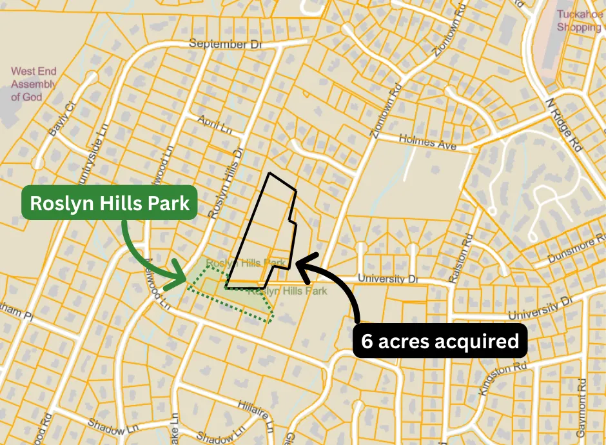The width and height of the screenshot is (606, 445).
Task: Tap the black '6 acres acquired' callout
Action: [x=440, y=341]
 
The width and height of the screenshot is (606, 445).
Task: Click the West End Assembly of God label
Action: [x=34, y=84]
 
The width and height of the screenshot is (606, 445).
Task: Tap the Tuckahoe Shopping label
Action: [x=579, y=21]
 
